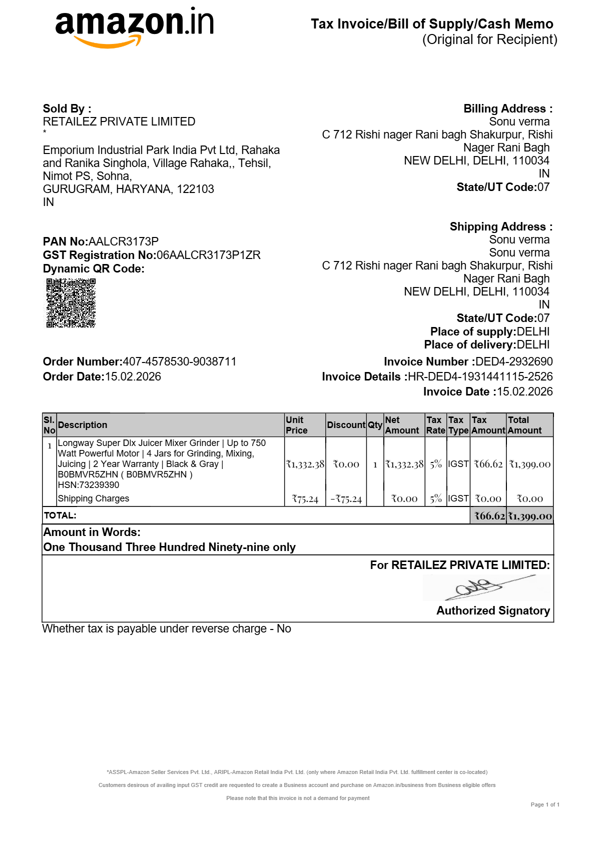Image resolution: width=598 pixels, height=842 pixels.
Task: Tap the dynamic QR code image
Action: [71, 303]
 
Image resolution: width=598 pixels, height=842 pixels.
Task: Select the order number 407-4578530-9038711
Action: [180, 361]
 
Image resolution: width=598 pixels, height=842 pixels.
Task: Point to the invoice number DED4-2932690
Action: [514, 361]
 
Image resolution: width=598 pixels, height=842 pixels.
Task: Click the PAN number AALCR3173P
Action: [124, 241]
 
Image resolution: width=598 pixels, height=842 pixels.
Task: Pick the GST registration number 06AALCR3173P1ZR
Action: [209, 255]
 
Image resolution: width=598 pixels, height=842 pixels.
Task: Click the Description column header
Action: [83, 425]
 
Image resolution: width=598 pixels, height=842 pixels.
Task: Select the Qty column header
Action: [375, 425]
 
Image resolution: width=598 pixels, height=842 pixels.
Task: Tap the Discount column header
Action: [346, 425]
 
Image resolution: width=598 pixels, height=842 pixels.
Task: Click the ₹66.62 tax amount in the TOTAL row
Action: [489, 516]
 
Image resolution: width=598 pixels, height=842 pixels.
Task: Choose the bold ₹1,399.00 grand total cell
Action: [529, 516]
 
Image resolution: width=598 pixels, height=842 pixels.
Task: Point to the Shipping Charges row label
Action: [94, 498]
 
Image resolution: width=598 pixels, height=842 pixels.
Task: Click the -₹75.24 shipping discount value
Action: [346, 499]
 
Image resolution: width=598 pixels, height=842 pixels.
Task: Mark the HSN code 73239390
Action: [99, 485]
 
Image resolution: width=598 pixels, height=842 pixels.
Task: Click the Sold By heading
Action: [67, 108]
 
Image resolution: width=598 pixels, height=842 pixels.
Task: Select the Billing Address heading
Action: [507, 108]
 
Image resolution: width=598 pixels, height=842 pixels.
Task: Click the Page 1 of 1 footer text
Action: [545, 804]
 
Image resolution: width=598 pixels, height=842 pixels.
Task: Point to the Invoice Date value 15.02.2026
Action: [524, 391]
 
